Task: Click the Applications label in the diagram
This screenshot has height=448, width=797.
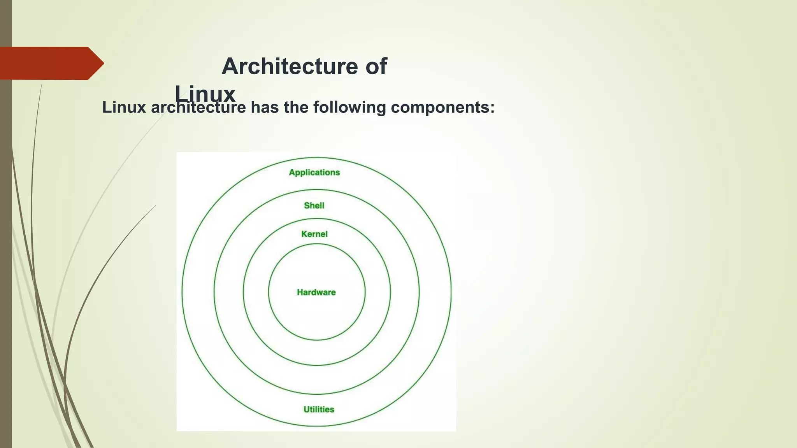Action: tap(314, 172)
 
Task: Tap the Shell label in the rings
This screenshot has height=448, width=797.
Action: tap(314, 205)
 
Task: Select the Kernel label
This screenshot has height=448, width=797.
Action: tap(314, 234)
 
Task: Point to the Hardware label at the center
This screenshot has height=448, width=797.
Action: tap(316, 292)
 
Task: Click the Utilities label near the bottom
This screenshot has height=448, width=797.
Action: tap(319, 409)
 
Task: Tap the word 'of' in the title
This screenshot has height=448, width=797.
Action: tap(376, 66)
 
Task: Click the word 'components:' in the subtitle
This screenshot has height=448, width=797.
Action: tap(442, 107)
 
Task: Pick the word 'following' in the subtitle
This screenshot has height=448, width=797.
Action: tap(349, 107)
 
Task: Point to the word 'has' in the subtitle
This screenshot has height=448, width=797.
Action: tap(265, 107)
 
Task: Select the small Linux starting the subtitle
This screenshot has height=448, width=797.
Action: tap(124, 107)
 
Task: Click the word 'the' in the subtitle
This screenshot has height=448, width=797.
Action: tap(296, 107)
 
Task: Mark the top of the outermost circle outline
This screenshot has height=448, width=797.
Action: tap(316, 157)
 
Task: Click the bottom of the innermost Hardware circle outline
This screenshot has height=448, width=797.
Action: tap(316, 340)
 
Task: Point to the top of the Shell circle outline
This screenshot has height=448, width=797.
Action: tap(316, 190)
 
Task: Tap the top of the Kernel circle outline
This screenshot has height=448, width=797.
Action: tap(316, 219)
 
